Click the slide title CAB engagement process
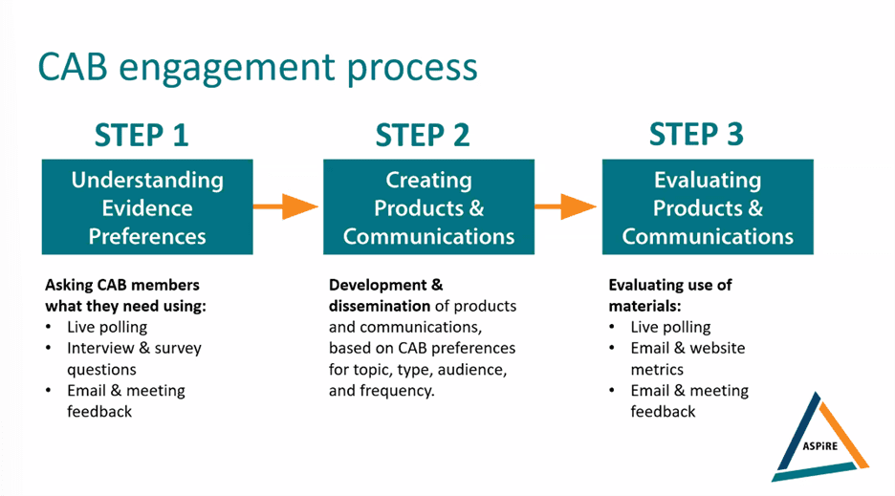(257, 68)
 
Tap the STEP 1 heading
(142, 136)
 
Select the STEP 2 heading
(423, 136)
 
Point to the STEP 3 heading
(696, 135)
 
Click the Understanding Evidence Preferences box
(147, 206)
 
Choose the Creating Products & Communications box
(428, 206)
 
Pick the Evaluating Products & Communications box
(708, 206)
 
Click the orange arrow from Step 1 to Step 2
(285, 206)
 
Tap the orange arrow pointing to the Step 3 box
(566, 206)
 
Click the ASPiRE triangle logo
(820, 439)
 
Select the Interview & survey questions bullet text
(134, 358)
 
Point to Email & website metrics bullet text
(688, 358)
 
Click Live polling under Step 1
(107, 327)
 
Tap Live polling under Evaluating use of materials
(670, 327)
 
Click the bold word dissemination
(380, 306)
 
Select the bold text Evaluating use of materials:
(670, 295)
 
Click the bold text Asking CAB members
(122, 285)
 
